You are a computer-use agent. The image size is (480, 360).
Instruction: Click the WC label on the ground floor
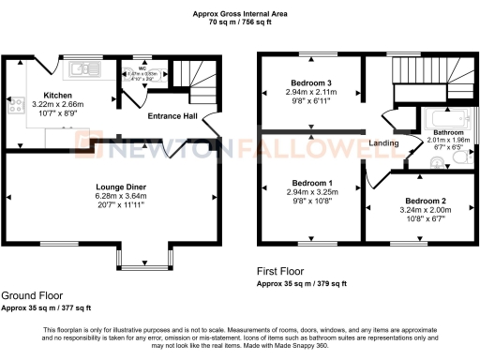142,67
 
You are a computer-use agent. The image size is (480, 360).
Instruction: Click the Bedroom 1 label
309,181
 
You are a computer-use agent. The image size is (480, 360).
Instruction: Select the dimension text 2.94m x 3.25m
309,190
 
